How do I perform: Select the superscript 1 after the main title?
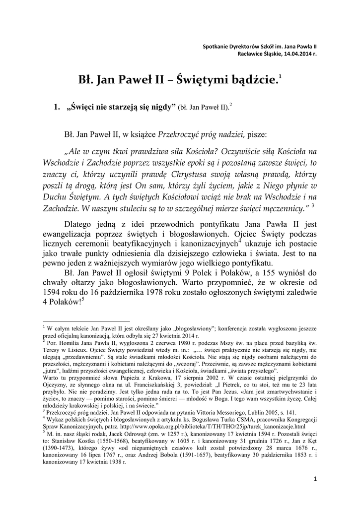coord(280,75)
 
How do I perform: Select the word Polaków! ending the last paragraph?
coord(67,303)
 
